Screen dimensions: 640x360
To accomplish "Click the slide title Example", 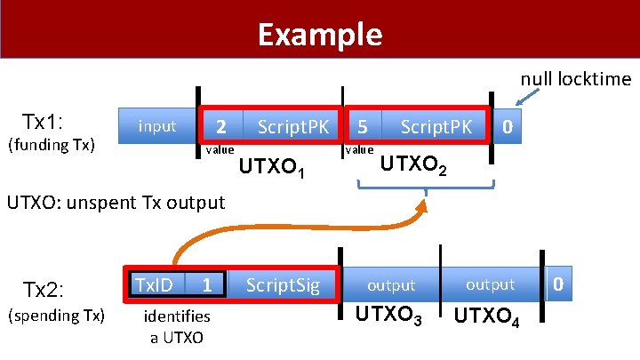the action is [320, 35].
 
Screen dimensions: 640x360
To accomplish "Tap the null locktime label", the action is [575, 79].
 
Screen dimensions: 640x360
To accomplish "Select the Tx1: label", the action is [47, 121].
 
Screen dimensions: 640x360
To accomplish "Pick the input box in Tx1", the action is [157, 126].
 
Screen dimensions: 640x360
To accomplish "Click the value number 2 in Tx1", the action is [223, 126].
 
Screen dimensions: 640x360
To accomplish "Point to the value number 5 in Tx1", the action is [364, 126].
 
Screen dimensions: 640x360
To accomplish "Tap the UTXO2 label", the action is [413, 164].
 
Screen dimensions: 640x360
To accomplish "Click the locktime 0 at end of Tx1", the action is [506, 126].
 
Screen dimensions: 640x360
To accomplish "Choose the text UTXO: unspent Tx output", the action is [116, 202].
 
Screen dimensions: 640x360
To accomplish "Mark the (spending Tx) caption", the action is [56, 316].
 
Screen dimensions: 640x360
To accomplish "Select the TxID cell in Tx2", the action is [153, 284].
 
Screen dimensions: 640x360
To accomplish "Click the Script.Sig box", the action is [282, 284].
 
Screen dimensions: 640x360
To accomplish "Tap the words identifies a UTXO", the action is [176, 326].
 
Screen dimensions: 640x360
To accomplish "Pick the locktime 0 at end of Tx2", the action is [557, 284].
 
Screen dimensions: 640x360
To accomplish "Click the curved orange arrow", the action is [267, 233].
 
